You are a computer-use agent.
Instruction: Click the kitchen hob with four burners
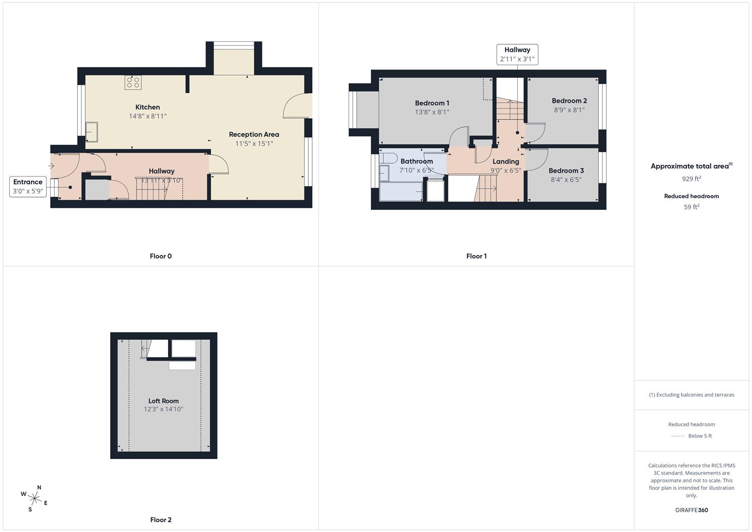[x=133, y=82]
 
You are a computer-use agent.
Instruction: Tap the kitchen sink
[x=92, y=132]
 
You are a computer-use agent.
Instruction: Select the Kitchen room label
[x=148, y=107]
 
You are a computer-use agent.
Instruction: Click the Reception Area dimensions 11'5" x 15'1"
[x=254, y=144]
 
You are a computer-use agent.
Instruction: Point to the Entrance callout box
[x=28, y=186]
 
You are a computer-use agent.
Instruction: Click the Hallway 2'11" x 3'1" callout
[x=517, y=54]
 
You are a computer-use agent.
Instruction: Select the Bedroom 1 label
[x=432, y=103]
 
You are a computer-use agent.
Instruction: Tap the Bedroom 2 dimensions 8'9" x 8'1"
[x=569, y=110]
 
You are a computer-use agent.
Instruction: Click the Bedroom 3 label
[x=566, y=170]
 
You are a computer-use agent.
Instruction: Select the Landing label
[x=506, y=162]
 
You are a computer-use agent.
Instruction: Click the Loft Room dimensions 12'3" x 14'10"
[x=163, y=409]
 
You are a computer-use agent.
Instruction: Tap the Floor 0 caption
[x=161, y=256]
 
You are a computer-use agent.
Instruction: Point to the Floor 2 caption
[x=161, y=520]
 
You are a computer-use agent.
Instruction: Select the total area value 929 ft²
[x=691, y=179]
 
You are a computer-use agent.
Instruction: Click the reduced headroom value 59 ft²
[x=691, y=207]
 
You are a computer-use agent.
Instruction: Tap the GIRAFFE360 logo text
[x=691, y=510]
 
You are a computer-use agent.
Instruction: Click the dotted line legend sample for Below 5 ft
[x=678, y=436]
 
